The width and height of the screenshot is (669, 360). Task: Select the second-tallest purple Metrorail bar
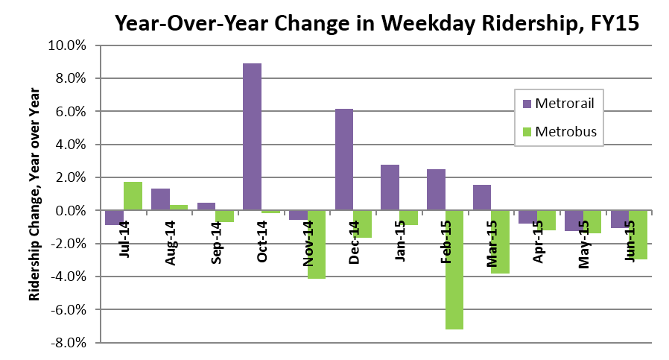point(344,160)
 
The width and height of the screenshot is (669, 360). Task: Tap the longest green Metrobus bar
point(454,270)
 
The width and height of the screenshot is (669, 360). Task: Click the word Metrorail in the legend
point(564,103)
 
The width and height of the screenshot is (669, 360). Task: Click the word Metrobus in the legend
point(565,132)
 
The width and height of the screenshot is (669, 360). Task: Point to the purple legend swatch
point(527,104)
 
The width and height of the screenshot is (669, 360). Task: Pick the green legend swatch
point(527,133)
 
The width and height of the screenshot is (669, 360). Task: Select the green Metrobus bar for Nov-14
point(317,244)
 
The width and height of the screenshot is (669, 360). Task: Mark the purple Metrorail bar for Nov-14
point(298,215)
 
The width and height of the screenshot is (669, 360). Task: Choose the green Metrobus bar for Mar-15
point(501,242)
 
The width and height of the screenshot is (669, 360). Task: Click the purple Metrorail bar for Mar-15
point(482,198)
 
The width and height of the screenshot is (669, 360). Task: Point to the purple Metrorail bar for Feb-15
point(436,190)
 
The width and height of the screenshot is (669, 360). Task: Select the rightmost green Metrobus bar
point(638,235)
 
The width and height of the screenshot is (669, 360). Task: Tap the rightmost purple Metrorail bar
point(620,219)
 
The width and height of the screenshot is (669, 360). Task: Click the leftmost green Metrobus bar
point(133,196)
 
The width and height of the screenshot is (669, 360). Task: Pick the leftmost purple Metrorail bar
point(114,218)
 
